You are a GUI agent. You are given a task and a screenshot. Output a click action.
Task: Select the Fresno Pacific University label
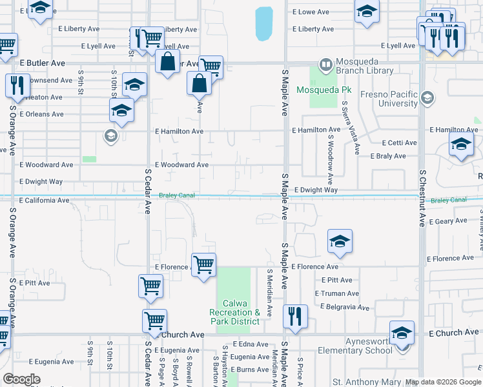(x=389, y=99)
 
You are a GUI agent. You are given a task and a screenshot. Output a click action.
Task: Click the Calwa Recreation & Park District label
(x=234, y=312)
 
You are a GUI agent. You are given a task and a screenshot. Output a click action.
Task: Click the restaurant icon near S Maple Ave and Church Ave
(x=295, y=316)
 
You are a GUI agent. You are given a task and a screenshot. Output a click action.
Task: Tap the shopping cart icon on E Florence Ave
(x=204, y=264)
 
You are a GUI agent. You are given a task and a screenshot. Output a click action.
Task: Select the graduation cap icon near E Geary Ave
(x=340, y=242)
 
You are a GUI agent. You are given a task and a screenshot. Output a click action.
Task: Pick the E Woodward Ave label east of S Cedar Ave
(x=181, y=165)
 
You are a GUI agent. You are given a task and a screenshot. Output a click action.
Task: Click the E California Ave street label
(x=44, y=201)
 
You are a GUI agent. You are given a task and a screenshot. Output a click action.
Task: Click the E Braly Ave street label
(x=388, y=156)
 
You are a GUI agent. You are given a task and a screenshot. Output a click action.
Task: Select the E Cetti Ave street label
(x=399, y=143)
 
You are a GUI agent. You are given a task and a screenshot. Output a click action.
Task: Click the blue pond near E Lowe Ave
(x=263, y=24)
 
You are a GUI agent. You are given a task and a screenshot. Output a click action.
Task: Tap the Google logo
(x=22, y=379)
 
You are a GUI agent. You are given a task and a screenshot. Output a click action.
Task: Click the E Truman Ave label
(x=337, y=293)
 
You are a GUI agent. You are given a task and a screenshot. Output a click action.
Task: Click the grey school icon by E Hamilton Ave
(x=110, y=135)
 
